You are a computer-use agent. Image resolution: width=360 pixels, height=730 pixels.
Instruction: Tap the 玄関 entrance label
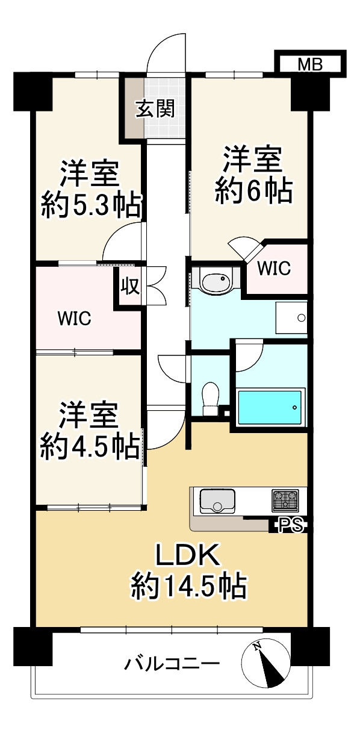coord(155,109)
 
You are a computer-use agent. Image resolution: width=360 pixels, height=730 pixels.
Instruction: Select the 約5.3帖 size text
coord(91,205)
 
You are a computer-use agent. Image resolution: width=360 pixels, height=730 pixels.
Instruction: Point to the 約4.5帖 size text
coord(90,446)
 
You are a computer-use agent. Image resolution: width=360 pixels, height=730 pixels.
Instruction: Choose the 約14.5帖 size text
coord(188,585)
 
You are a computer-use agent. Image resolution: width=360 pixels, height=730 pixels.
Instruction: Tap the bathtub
coord(270,407)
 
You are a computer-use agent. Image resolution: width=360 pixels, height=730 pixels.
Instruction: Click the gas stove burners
coord(285,499)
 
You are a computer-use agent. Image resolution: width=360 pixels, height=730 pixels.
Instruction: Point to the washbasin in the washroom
coord(215,282)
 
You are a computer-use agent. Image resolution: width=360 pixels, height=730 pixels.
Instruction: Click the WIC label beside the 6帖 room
coord(274,268)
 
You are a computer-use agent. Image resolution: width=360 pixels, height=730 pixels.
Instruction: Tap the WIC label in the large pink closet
coord(74,319)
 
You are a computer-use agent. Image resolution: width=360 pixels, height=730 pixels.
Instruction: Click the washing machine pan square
coord(291,317)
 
